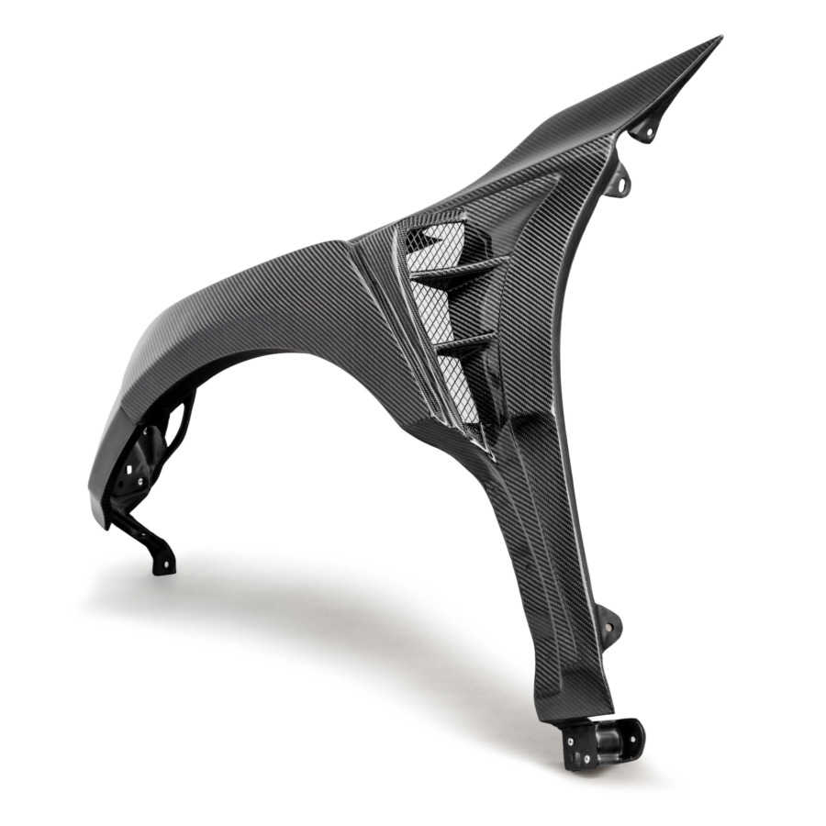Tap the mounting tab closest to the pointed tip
pos(646,130)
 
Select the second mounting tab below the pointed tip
pos(624,179)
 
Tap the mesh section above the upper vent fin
pos(431,240)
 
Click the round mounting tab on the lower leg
pos(608,624)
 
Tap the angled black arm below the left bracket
pos(151,537)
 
